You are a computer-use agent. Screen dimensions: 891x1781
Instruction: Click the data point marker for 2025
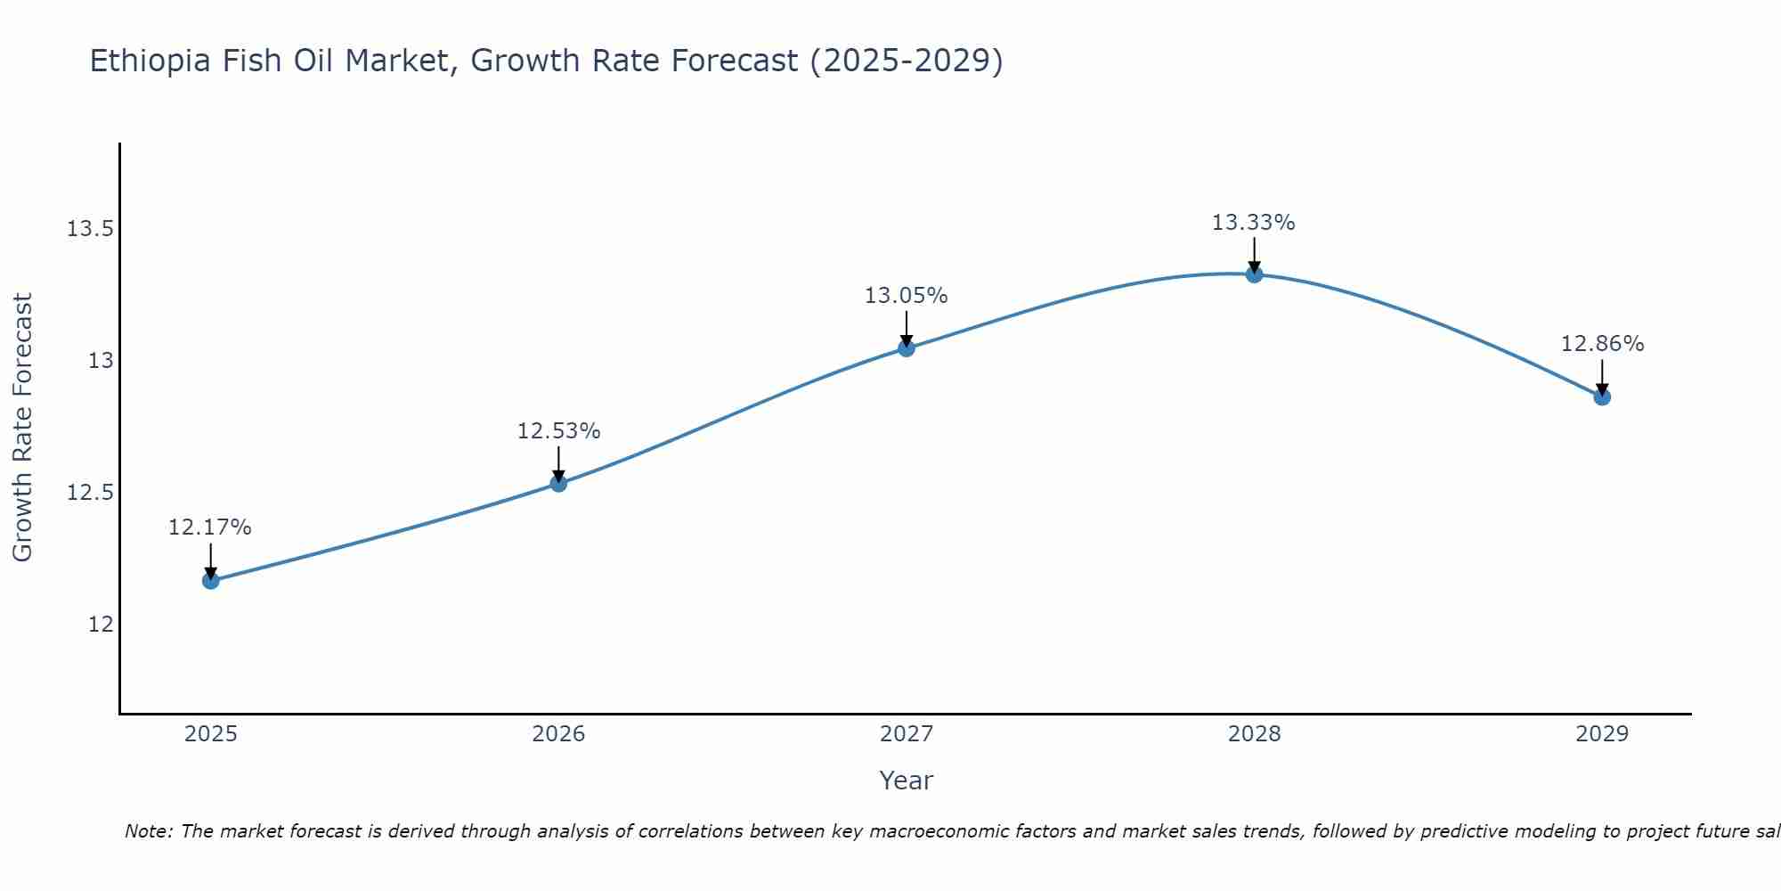coord(210,581)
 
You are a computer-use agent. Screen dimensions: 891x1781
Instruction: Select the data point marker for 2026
coord(558,484)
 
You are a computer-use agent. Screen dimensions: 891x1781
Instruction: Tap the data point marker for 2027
coord(907,348)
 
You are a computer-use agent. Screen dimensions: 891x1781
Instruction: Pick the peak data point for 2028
coord(1254,274)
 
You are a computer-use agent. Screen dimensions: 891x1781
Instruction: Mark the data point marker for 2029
coord(1602,397)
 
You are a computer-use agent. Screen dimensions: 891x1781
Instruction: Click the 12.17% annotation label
coord(210,527)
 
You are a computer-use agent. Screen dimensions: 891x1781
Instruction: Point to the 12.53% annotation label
coord(558,431)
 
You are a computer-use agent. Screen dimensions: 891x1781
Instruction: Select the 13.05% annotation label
coord(907,296)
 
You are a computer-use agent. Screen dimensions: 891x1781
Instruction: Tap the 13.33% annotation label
coord(1254,223)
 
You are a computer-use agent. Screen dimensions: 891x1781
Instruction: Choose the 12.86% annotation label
coord(1602,344)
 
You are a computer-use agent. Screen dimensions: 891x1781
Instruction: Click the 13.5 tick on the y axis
coord(90,230)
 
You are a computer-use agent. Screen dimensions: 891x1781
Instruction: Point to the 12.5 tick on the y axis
coord(90,493)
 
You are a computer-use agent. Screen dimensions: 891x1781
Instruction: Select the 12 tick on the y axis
coord(101,625)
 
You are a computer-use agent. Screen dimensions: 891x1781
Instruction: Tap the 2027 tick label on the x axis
coord(907,734)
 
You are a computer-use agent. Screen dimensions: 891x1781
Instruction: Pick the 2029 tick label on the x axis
coord(1602,734)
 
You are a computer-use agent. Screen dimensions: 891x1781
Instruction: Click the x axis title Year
coord(907,781)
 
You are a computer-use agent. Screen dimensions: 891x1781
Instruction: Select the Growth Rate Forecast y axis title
coord(22,428)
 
